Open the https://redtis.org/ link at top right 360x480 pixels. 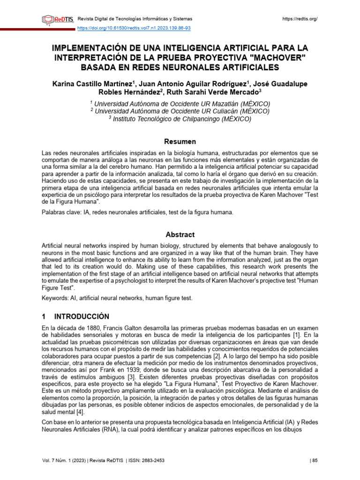(300, 19)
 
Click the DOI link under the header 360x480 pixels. (134, 28)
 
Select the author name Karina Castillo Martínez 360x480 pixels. (93, 84)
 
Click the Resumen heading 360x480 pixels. (180, 142)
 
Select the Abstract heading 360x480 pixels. (180, 234)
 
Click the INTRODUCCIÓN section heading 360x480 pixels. (82, 316)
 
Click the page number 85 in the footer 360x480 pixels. (315, 461)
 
